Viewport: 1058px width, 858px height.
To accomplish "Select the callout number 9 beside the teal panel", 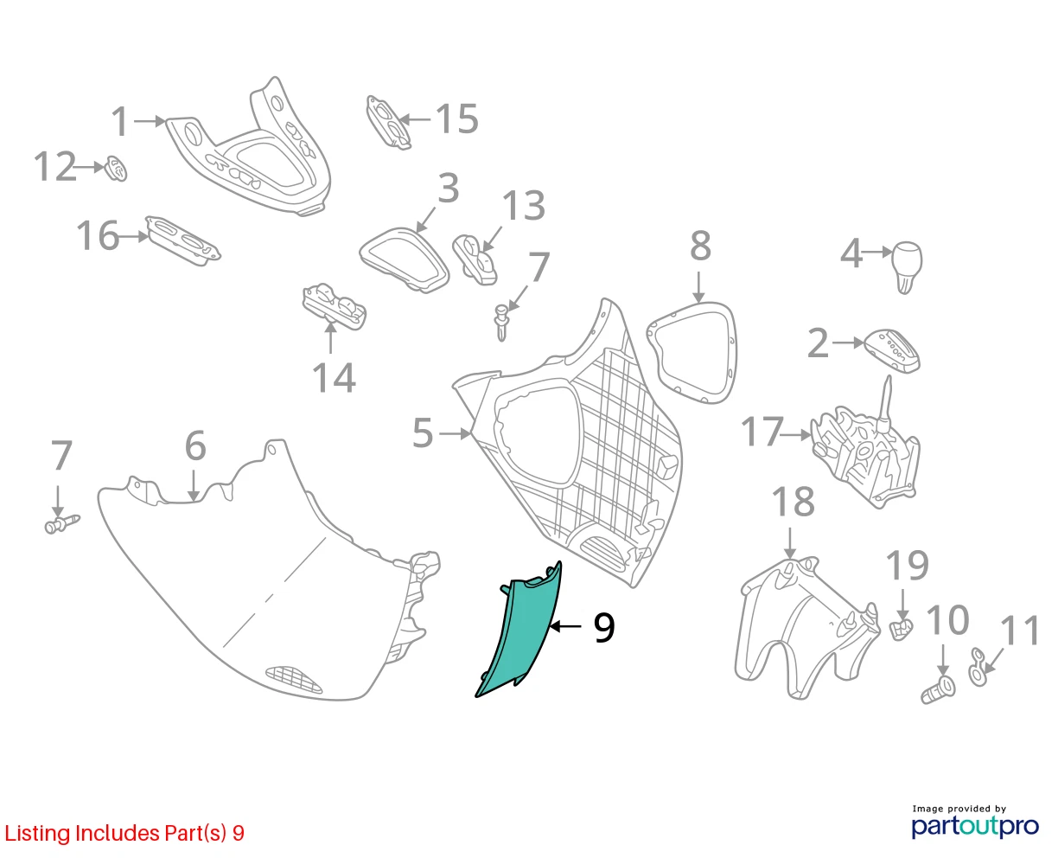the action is pos(604,628).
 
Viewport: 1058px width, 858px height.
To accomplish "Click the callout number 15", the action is pos(457,118).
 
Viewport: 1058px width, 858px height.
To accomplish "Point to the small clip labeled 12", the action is pos(116,169).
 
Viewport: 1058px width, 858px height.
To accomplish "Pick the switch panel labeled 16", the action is pos(182,240).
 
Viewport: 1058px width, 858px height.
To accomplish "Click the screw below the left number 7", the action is pos(62,524).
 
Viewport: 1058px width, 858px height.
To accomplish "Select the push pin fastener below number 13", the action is pos(501,323).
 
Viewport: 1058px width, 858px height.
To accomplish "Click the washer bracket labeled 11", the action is pos(978,667).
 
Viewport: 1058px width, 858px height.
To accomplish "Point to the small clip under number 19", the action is pos(901,631).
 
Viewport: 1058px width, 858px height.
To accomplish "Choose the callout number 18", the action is pos(793,502).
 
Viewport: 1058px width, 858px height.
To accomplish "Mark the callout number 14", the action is pos(334,378).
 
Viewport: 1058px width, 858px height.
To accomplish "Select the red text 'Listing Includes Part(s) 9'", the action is pos(124,833).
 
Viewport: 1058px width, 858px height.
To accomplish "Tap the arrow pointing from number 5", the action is pos(455,433).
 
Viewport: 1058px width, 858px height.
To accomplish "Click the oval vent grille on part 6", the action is pos(294,680).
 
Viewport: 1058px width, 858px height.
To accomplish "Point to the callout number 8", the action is pos(700,246).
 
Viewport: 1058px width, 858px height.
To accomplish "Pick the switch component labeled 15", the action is pos(389,122).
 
